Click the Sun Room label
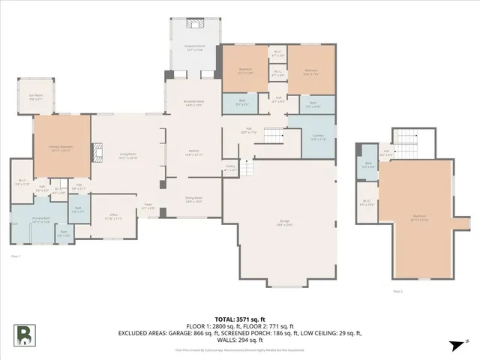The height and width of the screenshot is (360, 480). (x=35, y=96)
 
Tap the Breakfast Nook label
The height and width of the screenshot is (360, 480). (x=193, y=104)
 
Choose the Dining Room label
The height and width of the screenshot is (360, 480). (x=193, y=201)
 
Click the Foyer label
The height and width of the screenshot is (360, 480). (x=149, y=208)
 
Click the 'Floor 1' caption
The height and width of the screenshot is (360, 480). (x=15, y=256)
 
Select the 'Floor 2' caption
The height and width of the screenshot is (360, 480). (x=397, y=290)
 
